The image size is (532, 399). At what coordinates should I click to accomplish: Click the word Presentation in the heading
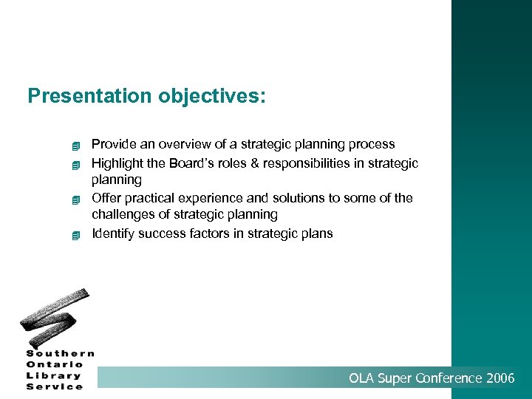pyautogui.click(x=89, y=96)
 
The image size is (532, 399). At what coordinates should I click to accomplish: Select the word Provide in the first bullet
pyautogui.click(x=113, y=144)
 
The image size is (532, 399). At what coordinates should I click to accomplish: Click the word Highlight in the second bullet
pyautogui.click(x=118, y=163)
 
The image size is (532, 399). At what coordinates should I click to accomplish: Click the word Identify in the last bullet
pyautogui.click(x=114, y=233)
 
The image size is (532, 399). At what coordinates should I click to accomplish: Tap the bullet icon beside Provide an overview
pyautogui.click(x=75, y=145)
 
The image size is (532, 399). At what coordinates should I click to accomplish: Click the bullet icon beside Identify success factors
pyautogui.click(x=75, y=235)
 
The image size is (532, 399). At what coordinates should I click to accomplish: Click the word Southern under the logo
pyautogui.click(x=61, y=353)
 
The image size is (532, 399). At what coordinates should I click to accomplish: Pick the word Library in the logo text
pyautogui.click(x=55, y=375)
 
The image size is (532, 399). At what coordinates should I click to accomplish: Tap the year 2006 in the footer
pyautogui.click(x=500, y=378)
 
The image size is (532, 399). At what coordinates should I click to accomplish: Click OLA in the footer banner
pyautogui.click(x=361, y=378)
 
